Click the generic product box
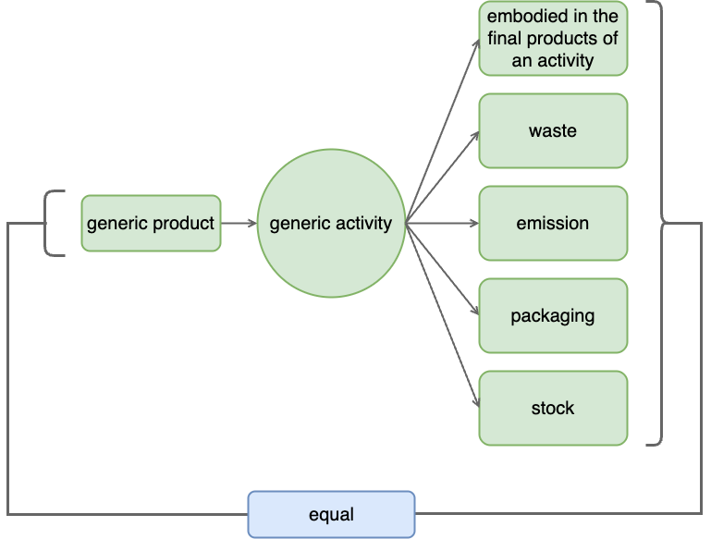tap(151, 223)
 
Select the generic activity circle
tap(330, 223)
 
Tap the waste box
tap(553, 130)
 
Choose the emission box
tap(553, 223)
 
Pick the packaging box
tap(553, 315)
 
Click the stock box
tap(553, 408)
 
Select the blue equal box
tap(331, 514)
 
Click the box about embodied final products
tap(553, 39)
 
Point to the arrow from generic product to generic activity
tap(239, 223)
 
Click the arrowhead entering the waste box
tap(474, 134)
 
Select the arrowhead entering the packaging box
tap(474, 312)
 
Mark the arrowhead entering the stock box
tap(475, 403)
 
